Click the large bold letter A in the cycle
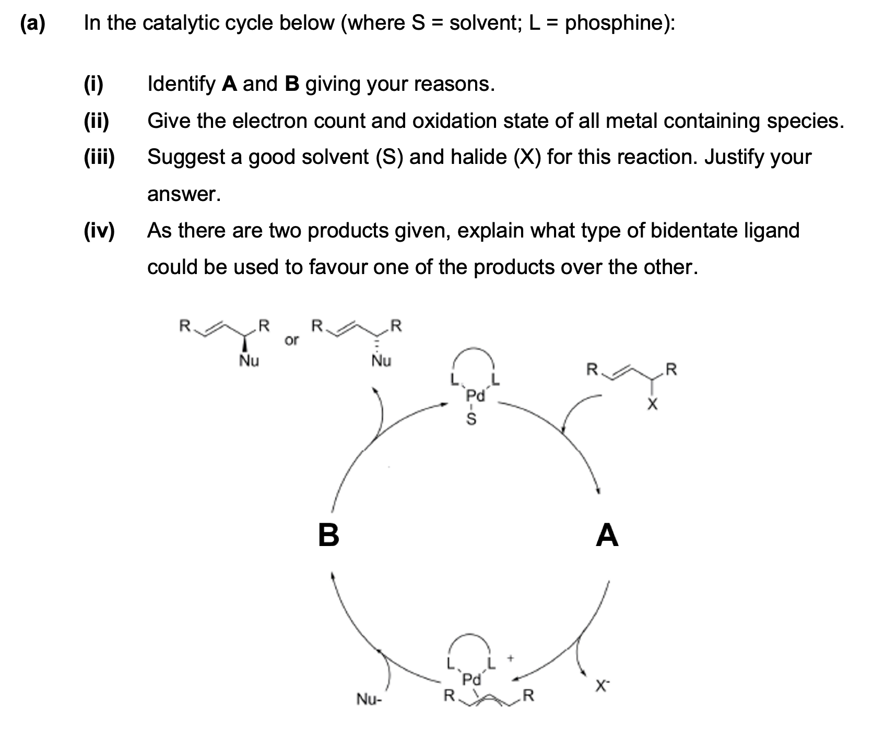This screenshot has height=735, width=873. pos(607,536)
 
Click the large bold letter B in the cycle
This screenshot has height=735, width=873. pos(328,535)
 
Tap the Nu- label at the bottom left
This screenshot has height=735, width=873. pos(369,699)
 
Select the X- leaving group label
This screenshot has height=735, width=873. pos(601,686)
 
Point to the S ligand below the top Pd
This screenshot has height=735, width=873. pos(471,419)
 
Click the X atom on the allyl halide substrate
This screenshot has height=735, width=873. pos(651,405)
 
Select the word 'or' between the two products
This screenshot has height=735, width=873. pos(292,340)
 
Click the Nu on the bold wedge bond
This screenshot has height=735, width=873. pos(249,361)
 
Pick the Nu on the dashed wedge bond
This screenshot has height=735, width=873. pos(381,361)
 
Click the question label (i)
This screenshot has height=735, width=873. pos(95,84)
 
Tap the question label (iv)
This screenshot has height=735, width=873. pos(99,230)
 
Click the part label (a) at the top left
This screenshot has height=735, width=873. pos(32,23)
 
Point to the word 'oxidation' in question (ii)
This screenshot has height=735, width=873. pos(453,121)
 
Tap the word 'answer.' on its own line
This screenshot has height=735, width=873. pos(184,194)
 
